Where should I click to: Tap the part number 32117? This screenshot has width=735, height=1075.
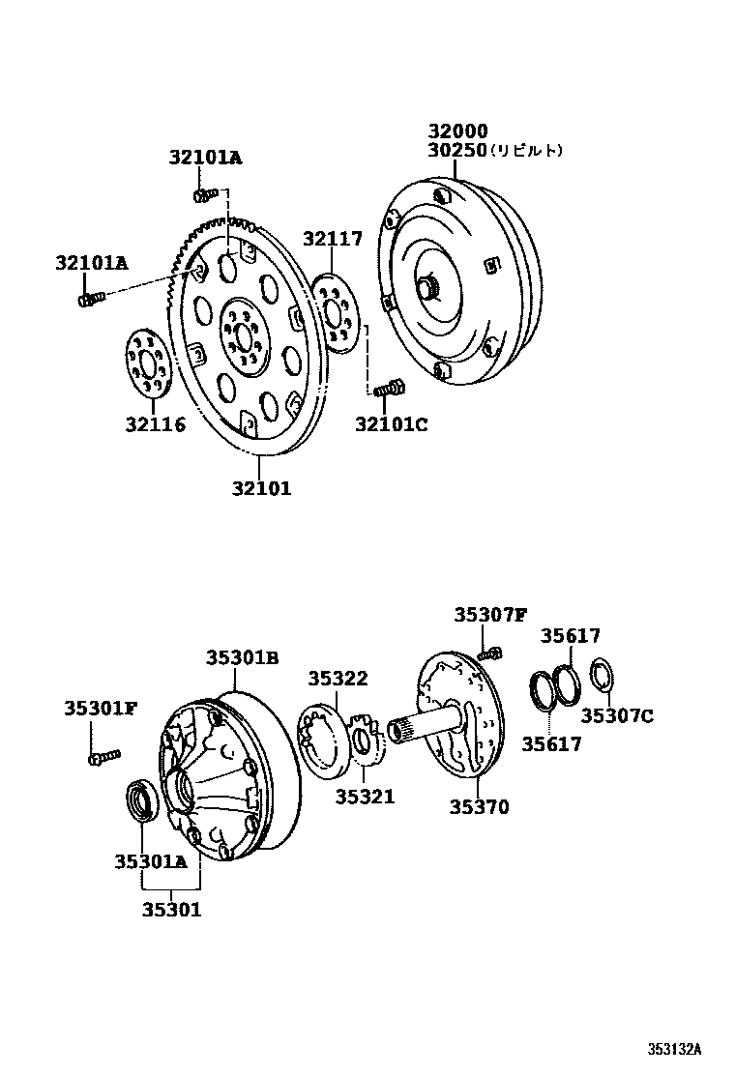click(332, 239)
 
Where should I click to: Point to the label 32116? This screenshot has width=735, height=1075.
click(155, 423)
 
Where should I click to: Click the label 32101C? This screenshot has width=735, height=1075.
click(391, 423)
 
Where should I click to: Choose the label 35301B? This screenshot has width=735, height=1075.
click(242, 657)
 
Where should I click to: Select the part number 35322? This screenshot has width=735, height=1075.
click(338, 679)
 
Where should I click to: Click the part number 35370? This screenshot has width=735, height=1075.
click(479, 806)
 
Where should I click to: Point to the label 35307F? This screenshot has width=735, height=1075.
click(491, 614)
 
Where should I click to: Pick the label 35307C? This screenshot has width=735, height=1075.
click(617, 715)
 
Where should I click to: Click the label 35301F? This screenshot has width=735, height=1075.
click(101, 708)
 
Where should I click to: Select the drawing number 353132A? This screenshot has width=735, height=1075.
click(674, 1049)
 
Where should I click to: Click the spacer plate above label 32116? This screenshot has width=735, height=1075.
click(147, 363)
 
